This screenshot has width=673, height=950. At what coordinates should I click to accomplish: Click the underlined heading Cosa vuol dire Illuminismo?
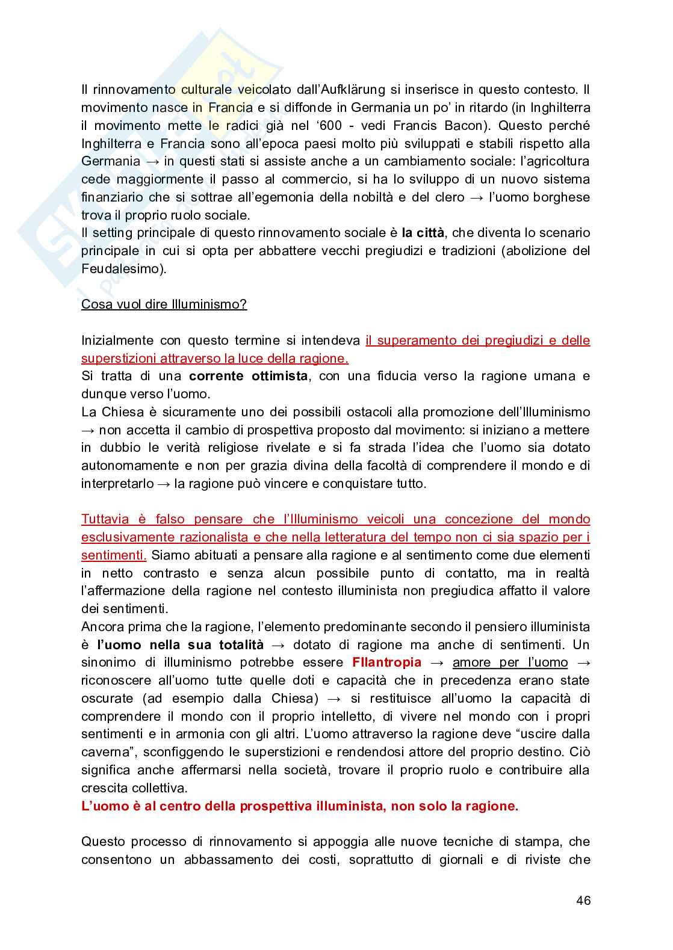point(164,304)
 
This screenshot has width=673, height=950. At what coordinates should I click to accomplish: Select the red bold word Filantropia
point(386,662)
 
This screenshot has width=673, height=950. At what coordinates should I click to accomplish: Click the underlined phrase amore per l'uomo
point(510,662)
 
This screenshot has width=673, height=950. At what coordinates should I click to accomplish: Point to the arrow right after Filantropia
point(436,662)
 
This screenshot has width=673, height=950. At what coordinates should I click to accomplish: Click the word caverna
point(105,752)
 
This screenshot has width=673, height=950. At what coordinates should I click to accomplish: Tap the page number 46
point(583,901)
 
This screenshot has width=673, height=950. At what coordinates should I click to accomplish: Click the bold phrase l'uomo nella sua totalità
point(180,645)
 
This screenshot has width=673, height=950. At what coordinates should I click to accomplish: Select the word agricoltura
point(553,161)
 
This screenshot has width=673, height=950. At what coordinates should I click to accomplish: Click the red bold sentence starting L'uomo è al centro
point(299,806)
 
